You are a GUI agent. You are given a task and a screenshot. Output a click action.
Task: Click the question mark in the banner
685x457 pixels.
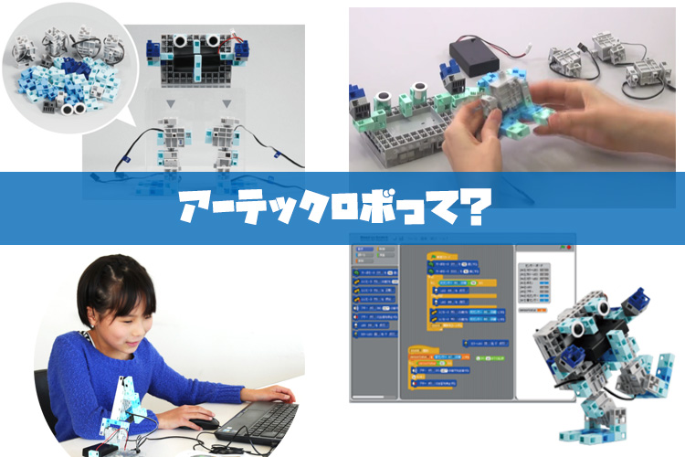tap(471, 208)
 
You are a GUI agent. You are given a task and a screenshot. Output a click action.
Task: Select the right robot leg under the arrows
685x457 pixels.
tap(225, 146)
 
